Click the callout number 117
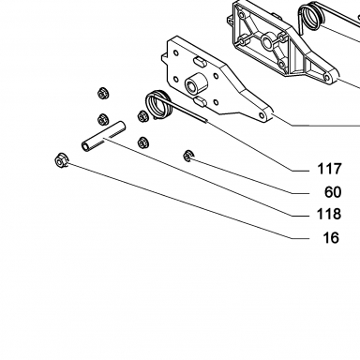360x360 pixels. [329, 169]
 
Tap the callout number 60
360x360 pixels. [333, 192]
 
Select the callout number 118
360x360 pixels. [329, 215]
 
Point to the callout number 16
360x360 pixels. [331, 238]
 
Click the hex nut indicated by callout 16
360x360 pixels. [61, 160]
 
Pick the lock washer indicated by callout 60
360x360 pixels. [187, 156]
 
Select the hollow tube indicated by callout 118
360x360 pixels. [104, 136]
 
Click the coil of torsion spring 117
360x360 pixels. [159, 104]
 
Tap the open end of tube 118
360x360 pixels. [85, 145]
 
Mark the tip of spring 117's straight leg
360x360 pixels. [206, 121]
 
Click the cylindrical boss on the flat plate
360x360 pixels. [196, 82]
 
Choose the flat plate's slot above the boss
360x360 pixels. [200, 61]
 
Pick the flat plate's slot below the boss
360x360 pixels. [200, 101]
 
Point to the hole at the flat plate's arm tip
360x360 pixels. [261, 115]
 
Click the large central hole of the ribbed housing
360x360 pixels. [267, 42]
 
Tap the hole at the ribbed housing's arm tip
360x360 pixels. [326, 77]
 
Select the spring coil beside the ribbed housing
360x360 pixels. [310, 16]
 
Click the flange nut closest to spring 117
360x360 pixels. [142, 116]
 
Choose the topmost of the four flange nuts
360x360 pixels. [101, 94]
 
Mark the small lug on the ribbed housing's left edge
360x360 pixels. [231, 21]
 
